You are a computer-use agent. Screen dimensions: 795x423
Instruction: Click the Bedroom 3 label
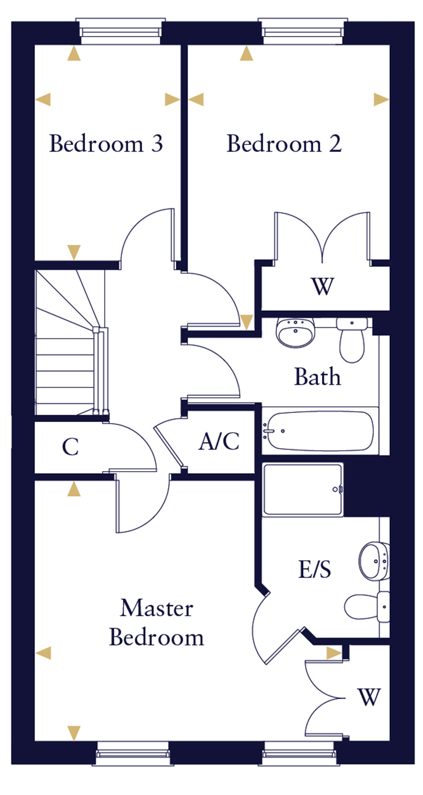click(x=106, y=144)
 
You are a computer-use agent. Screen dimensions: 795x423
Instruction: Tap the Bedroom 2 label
click(x=284, y=144)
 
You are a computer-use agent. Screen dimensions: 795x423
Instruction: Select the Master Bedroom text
click(x=156, y=623)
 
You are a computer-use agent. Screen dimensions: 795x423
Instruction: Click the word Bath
click(x=318, y=376)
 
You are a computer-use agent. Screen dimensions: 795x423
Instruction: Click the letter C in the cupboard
click(x=70, y=447)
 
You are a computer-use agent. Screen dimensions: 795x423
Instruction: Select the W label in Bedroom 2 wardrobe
click(x=322, y=288)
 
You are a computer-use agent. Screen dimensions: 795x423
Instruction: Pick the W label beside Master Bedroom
click(x=369, y=697)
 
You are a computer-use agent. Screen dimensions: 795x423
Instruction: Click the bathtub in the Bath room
click(x=318, y=432)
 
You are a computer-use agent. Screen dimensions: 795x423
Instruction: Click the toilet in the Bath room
click(x=352, y=341)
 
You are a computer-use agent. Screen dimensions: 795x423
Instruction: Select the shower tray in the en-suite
click(x=303, y=489)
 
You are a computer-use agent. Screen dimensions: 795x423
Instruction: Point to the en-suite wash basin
click(x=373, y=561)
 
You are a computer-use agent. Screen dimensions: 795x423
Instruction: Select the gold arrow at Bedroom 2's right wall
click(x=381, y=100)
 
